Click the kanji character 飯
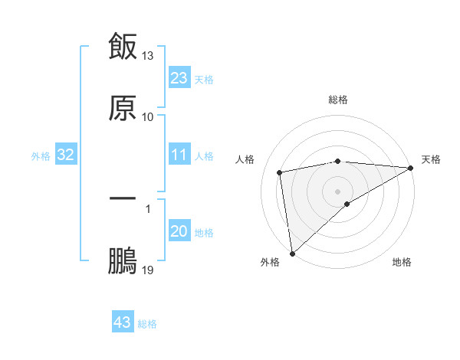click(123, 46)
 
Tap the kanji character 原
click(123, 107)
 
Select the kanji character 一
click(123, 198)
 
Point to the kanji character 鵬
click(123, 260)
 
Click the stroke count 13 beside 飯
click(148, 56)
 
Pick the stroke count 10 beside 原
click(148, 117)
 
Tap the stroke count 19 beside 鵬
click(148, 270)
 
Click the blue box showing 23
click(179, 78)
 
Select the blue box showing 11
click(179, 155)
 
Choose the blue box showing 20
click(179, 232)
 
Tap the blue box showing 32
click(66, 155)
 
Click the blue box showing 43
click(122, 322)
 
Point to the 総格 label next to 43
click(147, 324)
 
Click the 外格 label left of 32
click(41, 156)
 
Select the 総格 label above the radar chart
click(338, 100)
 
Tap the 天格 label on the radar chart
click(431, 159)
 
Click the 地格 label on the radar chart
click(402, 263)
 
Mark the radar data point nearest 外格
click(292, 254)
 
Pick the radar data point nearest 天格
click(411, 168)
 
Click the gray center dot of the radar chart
click(338, 191)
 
